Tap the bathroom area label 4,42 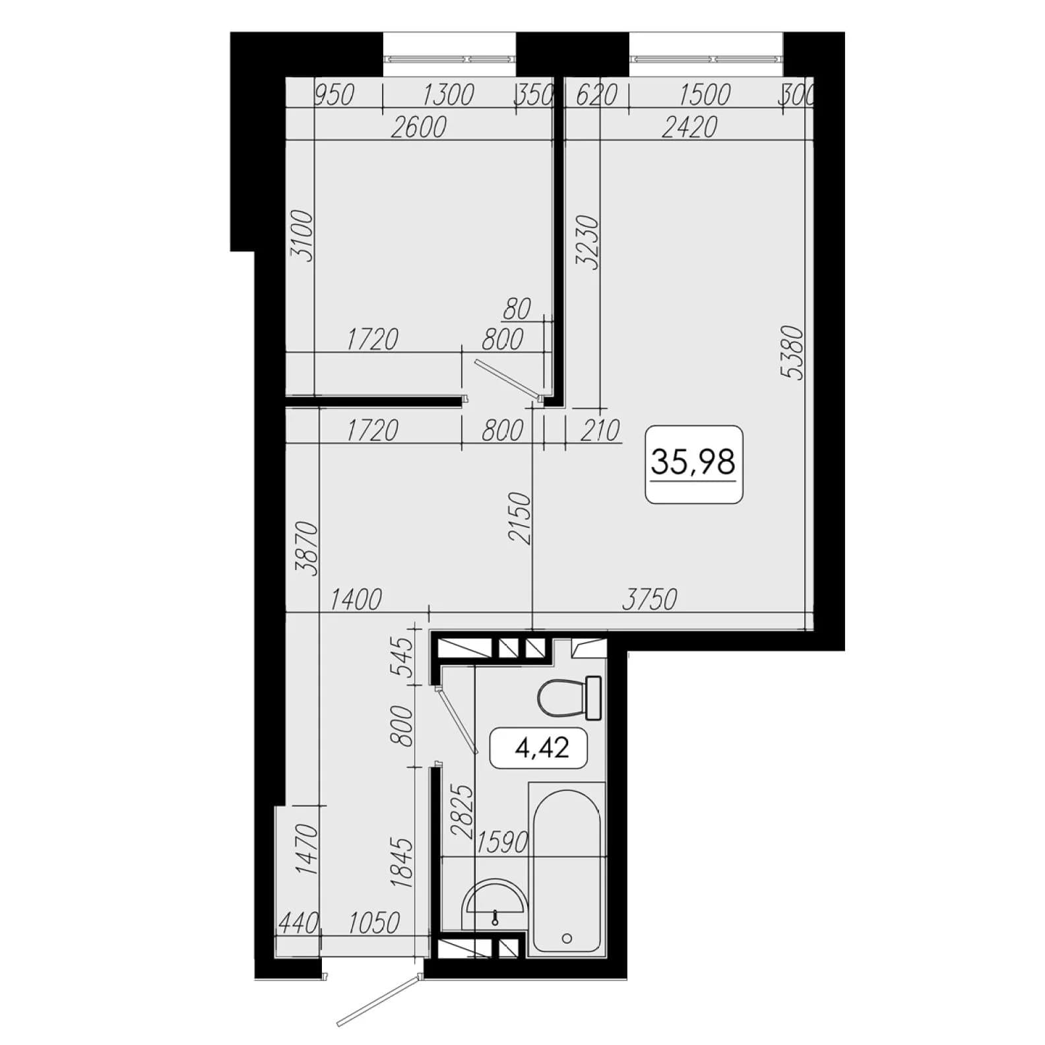click(x=542, y=748)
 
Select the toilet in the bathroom click(x=569, y=697)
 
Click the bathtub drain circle click(x=566, y=937)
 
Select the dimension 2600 click(x=418, y=127)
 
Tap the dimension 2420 click(x=689, y=127)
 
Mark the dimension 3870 click(x=307, y=548)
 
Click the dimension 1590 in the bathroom click(x=502, y=842)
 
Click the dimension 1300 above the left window click(x=448, y=95)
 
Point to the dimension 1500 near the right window click(x=704, y=95)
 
